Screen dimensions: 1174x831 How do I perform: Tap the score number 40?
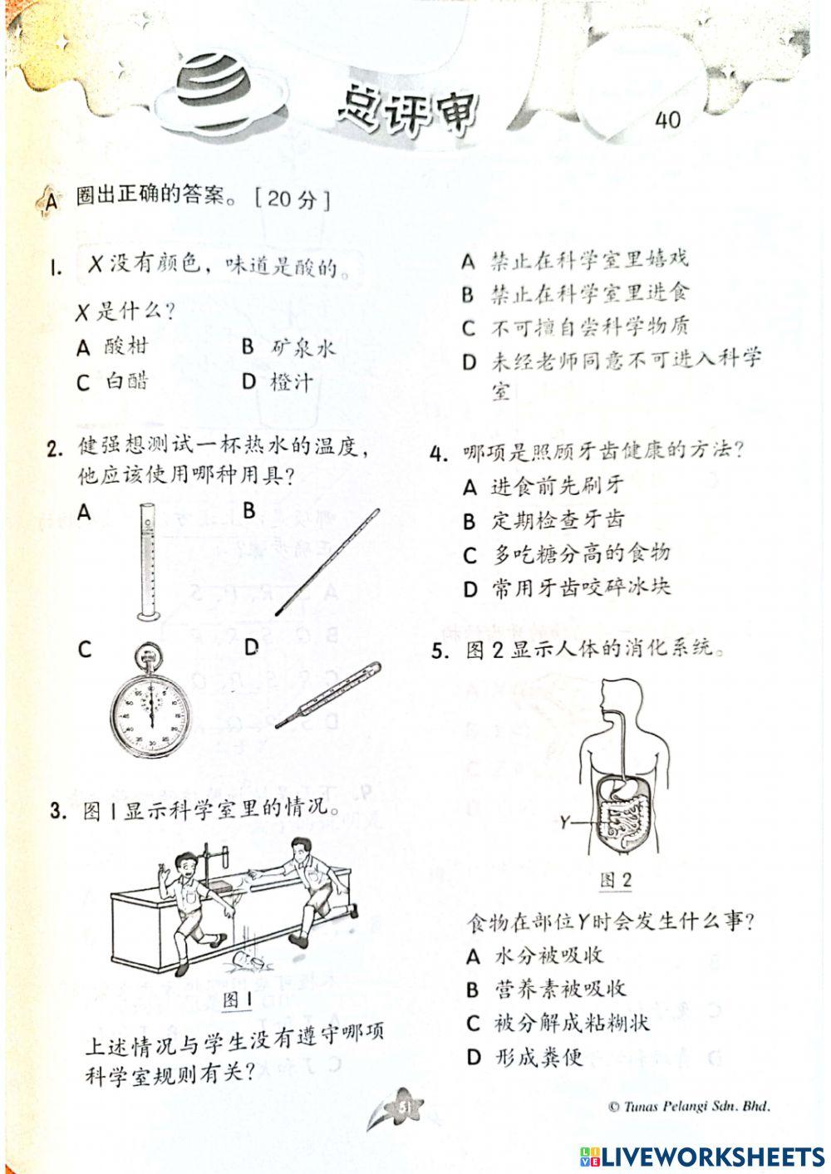(x=667, y=120)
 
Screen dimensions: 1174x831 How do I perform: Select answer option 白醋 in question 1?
(x=126, y=381)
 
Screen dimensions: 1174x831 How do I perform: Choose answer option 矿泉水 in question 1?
(x=302, y=347)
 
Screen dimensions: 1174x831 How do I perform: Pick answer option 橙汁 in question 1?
(x=292, y=382)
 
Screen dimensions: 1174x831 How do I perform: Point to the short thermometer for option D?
(x=327, y=695)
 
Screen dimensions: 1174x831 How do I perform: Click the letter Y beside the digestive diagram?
(x=566, y=822)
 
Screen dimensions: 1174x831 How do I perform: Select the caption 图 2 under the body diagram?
(x=616, y=880)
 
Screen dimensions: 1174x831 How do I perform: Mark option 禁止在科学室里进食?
(x=589, y=293)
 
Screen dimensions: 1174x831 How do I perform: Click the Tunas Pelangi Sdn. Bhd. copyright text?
(x=689, y=1106)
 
